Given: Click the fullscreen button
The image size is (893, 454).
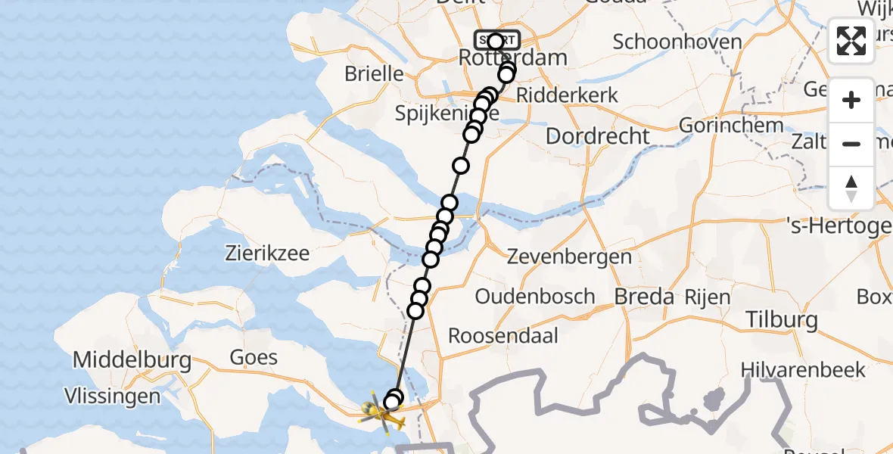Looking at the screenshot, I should coord(851,41).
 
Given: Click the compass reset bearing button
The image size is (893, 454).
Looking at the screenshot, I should coord(851,188).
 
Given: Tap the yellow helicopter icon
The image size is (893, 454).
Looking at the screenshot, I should coord(378,413).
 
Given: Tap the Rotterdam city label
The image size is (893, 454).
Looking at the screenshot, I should coord(502,58).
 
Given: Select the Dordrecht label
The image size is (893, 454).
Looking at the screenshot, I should coord(597,136).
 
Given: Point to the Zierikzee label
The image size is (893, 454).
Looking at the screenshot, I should coord(267,253).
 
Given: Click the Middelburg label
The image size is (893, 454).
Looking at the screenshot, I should coord(132,360).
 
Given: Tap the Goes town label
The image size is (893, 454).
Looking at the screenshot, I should coord(254,357).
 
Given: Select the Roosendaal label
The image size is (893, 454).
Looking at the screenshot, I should coord(503,335).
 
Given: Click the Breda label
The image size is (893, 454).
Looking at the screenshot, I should coord(644,297).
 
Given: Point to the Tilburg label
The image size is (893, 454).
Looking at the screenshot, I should coord(782,320).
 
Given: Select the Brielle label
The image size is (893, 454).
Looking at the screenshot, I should coord(374,74).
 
